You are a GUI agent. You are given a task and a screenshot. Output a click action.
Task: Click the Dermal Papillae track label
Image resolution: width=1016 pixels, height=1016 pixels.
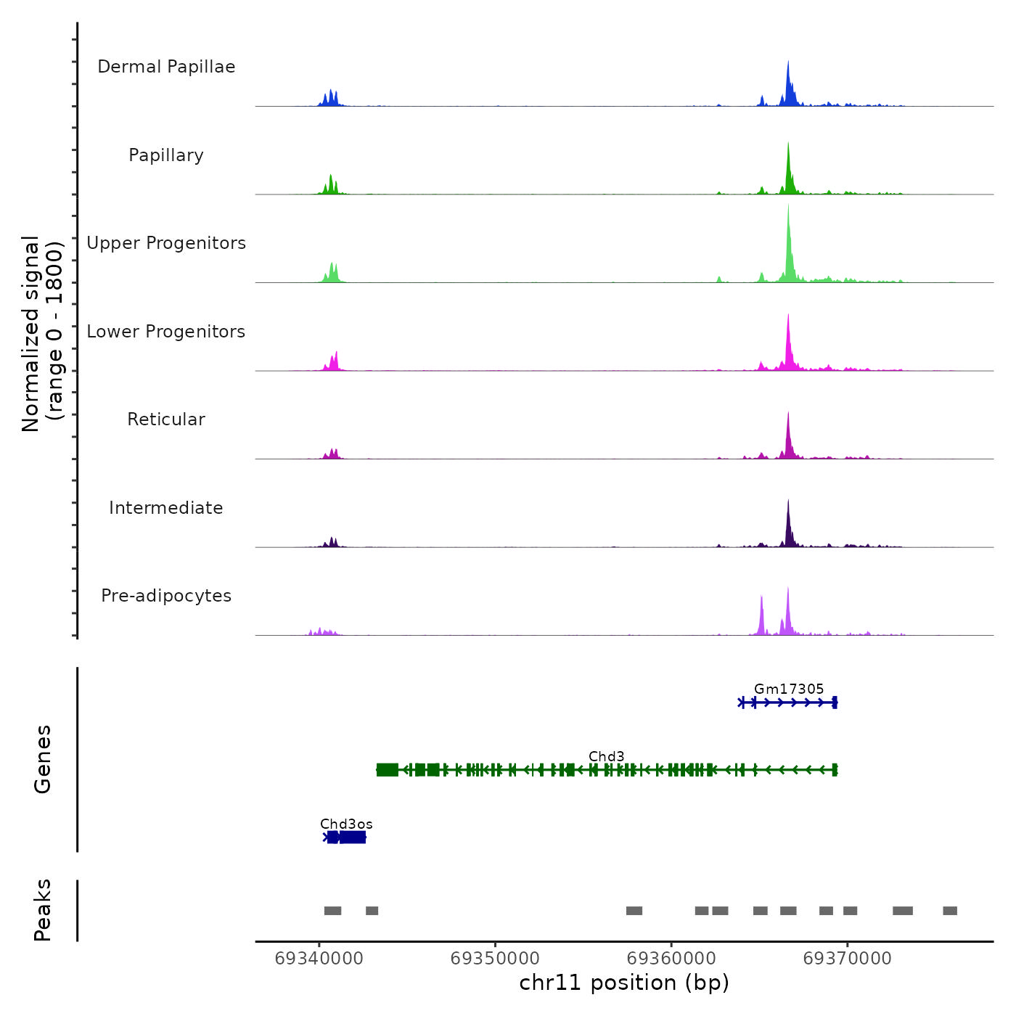(x=166, y=67)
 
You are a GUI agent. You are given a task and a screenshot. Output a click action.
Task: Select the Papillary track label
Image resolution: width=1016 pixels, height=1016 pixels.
(x=166, y=155)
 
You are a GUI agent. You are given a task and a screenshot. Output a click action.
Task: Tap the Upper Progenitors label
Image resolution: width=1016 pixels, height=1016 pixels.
(x=166, y=243)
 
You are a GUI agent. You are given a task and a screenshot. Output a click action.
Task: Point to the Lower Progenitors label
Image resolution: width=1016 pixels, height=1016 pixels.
(x=166, y=332)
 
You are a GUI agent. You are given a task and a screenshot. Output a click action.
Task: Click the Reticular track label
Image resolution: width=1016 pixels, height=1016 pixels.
(x=166, y=419)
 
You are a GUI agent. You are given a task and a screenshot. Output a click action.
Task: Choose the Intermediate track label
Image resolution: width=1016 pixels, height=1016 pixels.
(x=166, y=508)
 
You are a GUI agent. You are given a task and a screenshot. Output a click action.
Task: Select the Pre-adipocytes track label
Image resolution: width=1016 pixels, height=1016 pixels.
(x=166, y=596)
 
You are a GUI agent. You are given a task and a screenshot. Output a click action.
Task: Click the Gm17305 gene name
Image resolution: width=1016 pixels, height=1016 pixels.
(x=789, y=689)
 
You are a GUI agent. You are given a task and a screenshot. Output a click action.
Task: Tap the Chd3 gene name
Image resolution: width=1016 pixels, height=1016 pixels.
(x=607, y=756)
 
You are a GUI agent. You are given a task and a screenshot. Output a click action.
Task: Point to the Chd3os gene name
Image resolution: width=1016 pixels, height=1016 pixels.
(x=346, y=824)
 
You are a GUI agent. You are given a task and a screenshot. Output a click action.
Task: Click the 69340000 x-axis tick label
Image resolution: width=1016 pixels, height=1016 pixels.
(x=319, y=958)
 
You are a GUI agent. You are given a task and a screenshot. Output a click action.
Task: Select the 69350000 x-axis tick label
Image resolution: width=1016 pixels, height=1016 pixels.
(x=495, y=958)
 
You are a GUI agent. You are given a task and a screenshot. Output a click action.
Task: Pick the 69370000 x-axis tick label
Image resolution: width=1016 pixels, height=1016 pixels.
(x=847, y=958)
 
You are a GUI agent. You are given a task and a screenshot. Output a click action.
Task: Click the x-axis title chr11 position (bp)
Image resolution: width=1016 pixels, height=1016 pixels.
(x=624, y=983)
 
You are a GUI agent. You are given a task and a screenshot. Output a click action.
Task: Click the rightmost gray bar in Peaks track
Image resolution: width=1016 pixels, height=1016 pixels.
(x=950, y=911)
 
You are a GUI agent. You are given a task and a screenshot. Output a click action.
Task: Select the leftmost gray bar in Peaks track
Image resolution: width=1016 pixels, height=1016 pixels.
(x=332, y=911)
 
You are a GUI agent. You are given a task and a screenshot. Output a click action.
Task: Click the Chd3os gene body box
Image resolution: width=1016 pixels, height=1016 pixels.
(x=352, y=837)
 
